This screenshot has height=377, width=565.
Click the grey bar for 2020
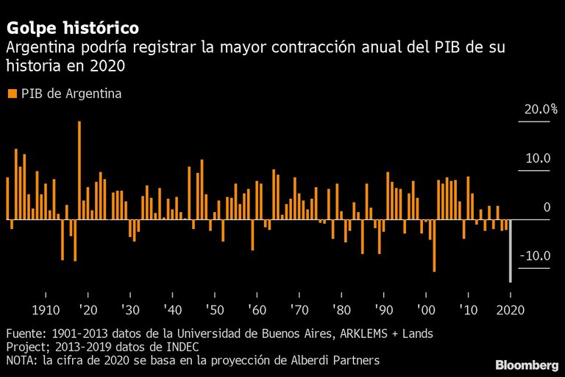pos(510,250)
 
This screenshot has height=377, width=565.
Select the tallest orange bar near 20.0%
pos(79,171)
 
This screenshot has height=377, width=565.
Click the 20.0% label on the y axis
pos(541,110)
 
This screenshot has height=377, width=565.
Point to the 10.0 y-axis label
pos(537,159)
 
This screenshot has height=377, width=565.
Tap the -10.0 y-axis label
pos(535,256)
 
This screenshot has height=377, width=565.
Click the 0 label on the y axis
pos(547,208)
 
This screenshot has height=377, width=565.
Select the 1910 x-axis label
pos(46,309)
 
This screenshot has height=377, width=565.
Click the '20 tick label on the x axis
pos(88,309)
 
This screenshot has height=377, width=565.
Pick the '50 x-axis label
pos(214,309)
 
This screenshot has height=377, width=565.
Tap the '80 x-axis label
pos(341,309)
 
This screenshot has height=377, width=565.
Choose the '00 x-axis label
pos(425,309)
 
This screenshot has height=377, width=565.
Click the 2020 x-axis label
pos(510,309)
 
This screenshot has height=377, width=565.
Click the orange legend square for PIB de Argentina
pos(11,94)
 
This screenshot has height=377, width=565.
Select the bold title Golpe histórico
pos(72,29)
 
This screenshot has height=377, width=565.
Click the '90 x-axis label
pos(383,309)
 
